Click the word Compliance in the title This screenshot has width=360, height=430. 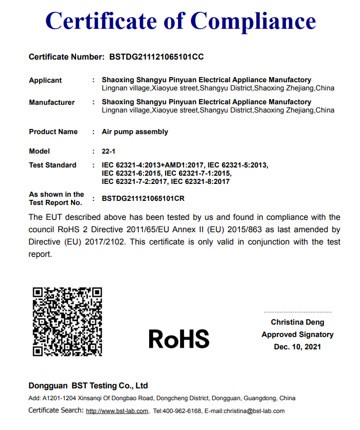(254, 21)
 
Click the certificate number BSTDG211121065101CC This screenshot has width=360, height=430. (156, 57)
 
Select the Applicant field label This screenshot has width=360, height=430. (45, 80)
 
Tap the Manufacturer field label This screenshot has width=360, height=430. (51, 102)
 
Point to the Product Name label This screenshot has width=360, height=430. (53, 132)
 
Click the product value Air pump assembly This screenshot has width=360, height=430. (135, 132)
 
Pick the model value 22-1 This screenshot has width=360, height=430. (108, 151)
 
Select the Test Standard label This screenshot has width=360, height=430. (52, 165)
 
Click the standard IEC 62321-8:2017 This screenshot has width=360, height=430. (200, 181)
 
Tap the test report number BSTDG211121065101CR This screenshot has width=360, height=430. (143, 198)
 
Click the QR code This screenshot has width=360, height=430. (67, 322)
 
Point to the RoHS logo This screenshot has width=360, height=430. (179, 339)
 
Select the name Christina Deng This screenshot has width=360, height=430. (298, 323)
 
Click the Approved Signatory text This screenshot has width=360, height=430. (298, 334)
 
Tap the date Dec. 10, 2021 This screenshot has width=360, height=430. (298, 347)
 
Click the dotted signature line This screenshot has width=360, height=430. (298, 312)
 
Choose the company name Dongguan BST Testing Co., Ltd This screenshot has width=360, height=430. (88, 385)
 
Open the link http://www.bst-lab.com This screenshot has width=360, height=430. (117, 411)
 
